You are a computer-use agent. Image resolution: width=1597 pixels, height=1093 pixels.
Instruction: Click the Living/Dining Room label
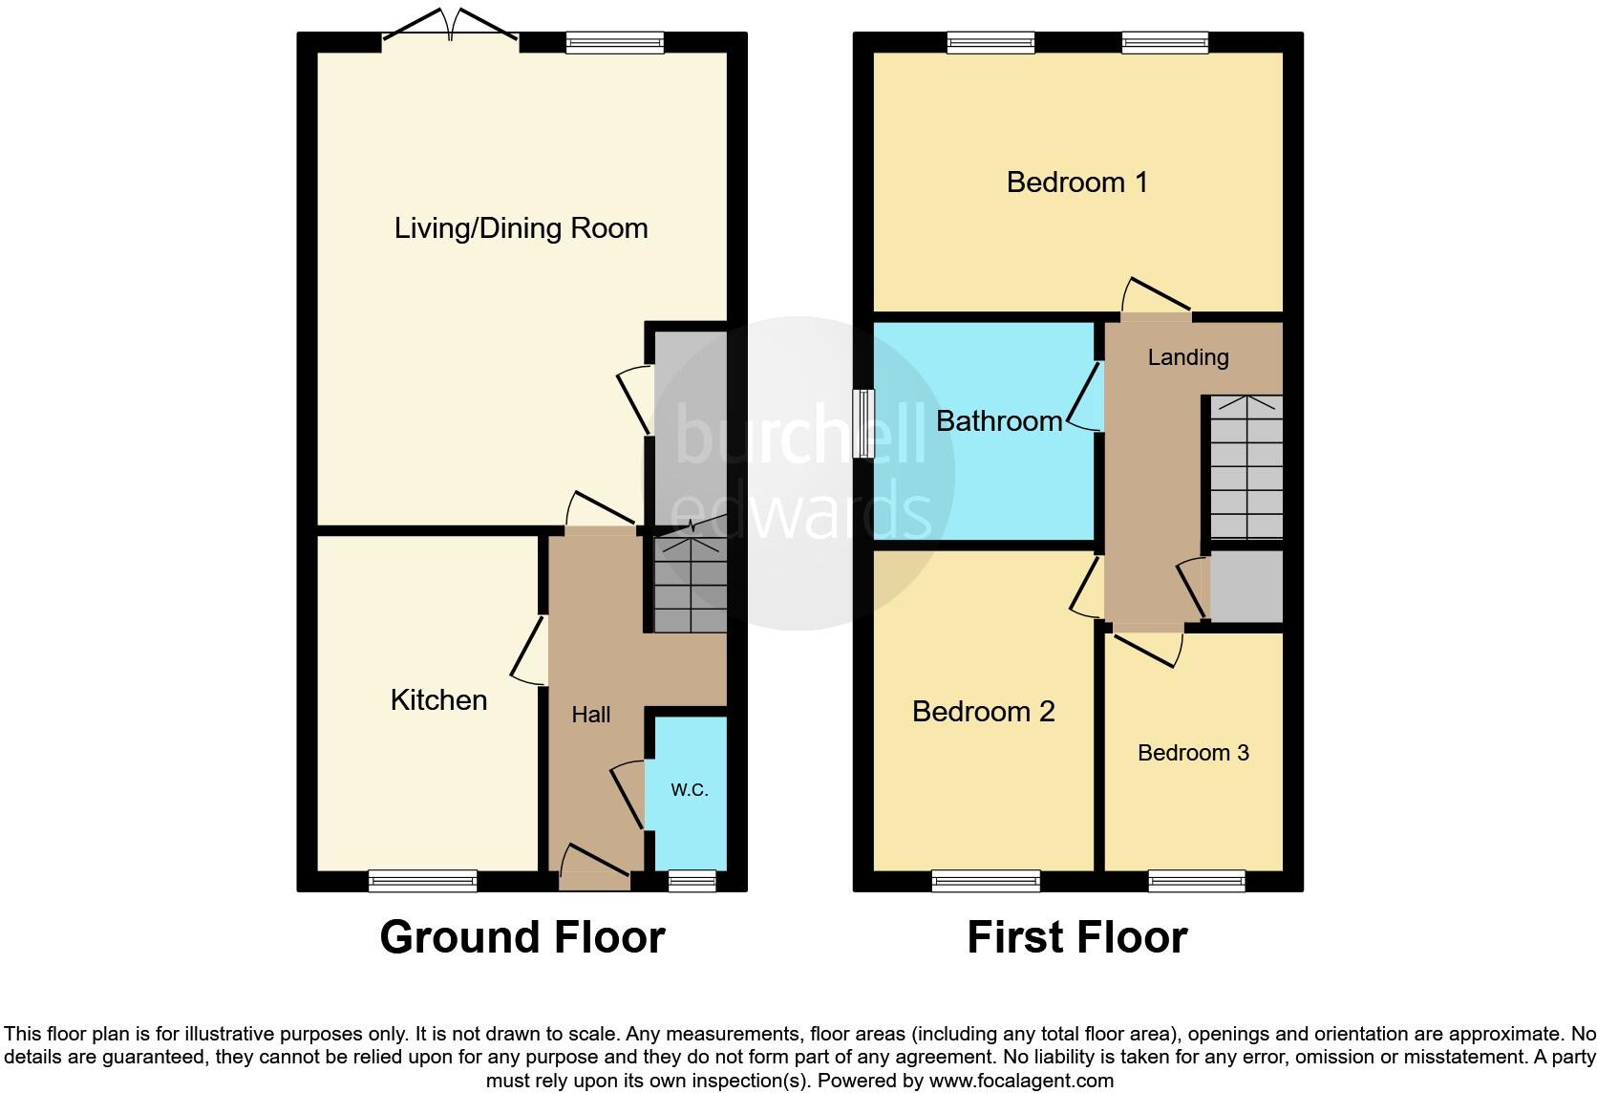521,228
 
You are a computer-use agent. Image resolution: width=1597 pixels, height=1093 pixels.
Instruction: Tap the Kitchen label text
438,700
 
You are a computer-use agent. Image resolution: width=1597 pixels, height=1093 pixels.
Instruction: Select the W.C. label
689,790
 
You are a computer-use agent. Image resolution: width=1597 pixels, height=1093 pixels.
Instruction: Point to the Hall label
590,715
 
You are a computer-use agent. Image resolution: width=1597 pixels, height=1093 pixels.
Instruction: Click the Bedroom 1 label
1076,182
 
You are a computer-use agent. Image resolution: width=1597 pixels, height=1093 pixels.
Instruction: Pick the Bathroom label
998,421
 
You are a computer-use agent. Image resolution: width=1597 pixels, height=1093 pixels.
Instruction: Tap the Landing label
1187,357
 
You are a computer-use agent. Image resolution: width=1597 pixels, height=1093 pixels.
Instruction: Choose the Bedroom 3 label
1193,753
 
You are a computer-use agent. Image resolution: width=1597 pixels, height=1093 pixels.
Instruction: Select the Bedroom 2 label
983,712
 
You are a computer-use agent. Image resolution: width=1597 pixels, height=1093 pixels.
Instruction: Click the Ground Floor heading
522,937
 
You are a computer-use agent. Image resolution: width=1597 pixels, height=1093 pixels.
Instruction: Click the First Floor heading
1076,937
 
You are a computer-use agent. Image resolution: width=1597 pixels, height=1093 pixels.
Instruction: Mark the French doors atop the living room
450,27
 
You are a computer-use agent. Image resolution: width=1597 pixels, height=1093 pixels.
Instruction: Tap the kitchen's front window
422,881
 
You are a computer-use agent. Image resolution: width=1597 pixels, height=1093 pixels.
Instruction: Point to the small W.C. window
692,881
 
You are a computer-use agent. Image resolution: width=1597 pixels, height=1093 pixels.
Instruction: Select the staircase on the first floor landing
1246,468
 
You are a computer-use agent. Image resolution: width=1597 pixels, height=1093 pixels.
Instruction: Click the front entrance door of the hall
595,877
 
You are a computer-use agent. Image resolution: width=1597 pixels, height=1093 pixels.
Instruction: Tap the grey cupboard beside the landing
1246,586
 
